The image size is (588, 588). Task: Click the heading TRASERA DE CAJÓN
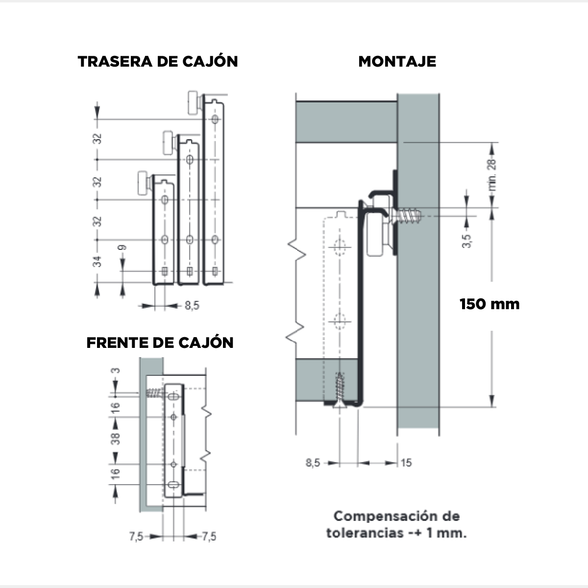(158, 61)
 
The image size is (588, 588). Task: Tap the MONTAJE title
(397, 62)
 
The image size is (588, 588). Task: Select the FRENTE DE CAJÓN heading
(160, 343)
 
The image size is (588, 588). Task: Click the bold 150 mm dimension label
(490, 304)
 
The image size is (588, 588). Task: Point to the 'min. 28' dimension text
(492, 175)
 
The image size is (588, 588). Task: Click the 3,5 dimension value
(467, 241)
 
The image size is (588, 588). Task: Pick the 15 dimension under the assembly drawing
(406, 463)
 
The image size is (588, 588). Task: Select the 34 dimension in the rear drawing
(98, 262)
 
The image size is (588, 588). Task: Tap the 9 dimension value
(122, 247)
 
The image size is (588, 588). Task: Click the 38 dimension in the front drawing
(116, 439)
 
